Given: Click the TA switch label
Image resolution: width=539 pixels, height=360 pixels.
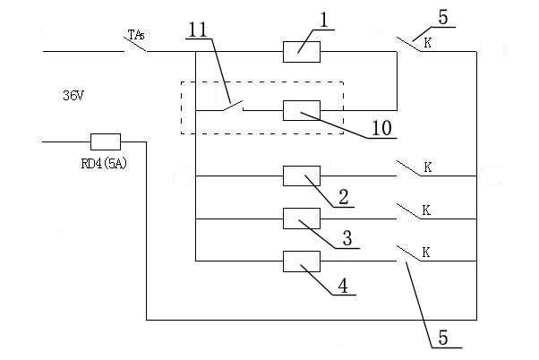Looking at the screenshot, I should coord(136,35).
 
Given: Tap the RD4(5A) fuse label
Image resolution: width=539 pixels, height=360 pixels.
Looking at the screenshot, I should coord(103,162).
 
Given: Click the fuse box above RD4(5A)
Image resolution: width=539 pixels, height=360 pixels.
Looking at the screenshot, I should coord(106,141).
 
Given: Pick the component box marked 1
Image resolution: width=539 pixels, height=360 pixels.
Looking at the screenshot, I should coord(302,51).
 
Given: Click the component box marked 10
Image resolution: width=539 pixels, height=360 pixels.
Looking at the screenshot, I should coord(302,110).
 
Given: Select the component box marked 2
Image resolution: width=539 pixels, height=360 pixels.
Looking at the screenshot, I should coord(302,176).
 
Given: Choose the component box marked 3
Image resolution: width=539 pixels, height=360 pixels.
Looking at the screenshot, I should coord(302,219).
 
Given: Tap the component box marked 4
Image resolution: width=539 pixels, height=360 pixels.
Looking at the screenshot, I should coord(302,261).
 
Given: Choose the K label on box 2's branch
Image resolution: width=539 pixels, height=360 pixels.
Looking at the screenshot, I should coord(428,167).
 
